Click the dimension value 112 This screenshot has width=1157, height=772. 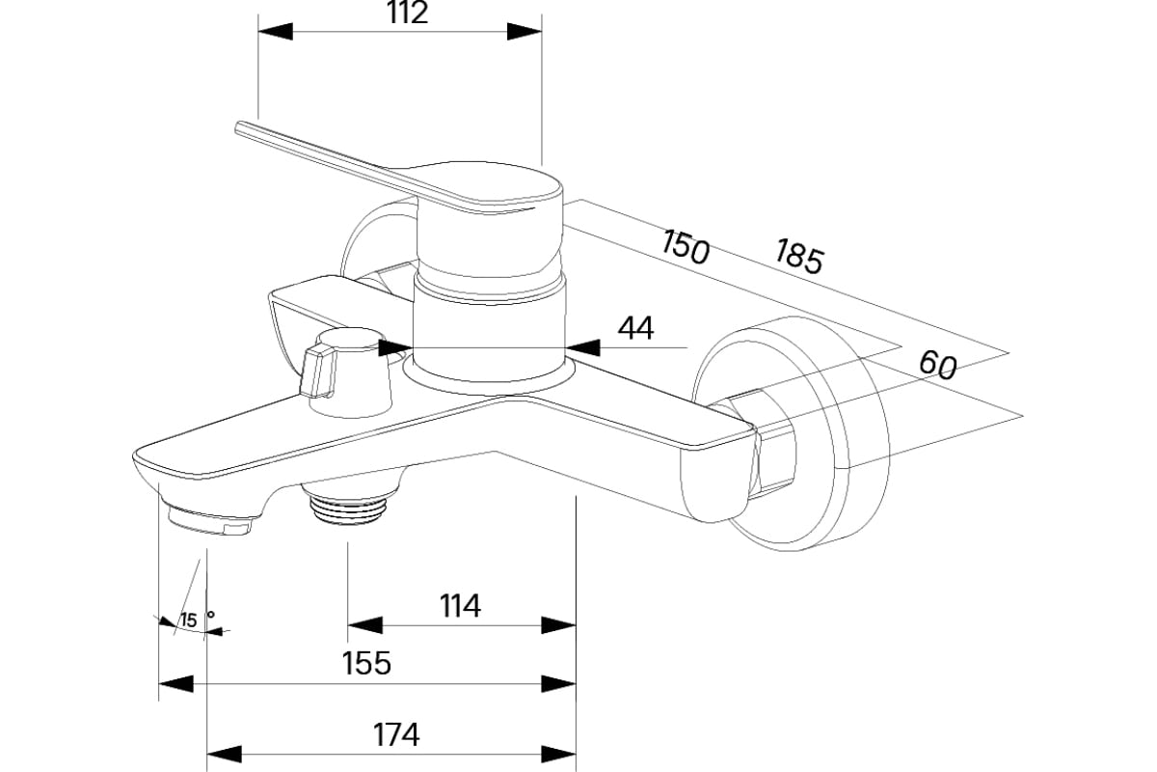tap(406, 14)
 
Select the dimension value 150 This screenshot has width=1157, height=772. tap(686, 246)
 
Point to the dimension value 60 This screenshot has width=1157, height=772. tap(936, 365)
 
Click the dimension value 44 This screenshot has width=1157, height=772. tap(635, 328)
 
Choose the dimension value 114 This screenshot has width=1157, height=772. tap(460, 606)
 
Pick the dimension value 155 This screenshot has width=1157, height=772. tap(367, 663)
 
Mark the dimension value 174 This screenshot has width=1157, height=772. tap(396, 734)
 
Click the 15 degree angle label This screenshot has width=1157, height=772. tap(188, 620)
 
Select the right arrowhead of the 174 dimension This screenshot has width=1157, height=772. tap(560, 753)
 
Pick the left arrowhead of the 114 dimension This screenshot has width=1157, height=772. tap(363, 624)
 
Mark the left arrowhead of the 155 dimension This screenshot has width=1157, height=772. tap(175, 683)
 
